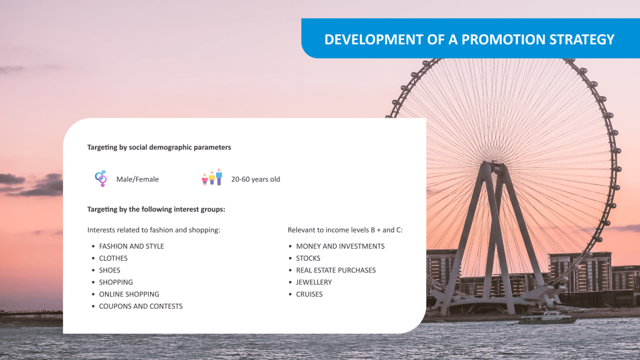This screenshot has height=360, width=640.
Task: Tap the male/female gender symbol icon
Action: pyautogui.click(x=101, y=178)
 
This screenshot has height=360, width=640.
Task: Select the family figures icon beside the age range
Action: pyautogui.click(x=212, y=177)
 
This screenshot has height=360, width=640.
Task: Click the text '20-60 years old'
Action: pyautogui.click(x=256, y=179)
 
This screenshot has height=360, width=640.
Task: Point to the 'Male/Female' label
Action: pyautogui.click(x=137, y=179)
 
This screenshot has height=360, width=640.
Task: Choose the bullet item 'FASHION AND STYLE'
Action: pyautogui.click(x=131, y=246)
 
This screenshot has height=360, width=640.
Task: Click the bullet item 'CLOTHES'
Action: pyautogui.click(x=113, y=258)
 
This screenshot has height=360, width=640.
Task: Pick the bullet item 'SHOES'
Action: pyautogui.click(x=109, y=270)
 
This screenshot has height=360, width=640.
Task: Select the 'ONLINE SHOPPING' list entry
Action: pyautogui.click(x=129, y=294)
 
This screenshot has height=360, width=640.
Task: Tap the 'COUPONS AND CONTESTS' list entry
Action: pyautogui.click(x=141, y=306)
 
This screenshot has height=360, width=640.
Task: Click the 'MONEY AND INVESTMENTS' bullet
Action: pyautogui.click(x=341, y=246)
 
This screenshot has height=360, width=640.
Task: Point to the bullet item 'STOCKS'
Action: pyautogui.click(x=308, y=258)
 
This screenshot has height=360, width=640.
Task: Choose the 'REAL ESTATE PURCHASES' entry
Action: pyautogui.click(x=336, y=270)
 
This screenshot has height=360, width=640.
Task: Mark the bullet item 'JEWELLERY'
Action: pyautogui.click(x=314, y=282)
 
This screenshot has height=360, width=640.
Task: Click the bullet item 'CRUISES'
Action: pyautogui.click(x=309, y=294)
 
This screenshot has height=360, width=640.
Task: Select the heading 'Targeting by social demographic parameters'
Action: pyautogui.click(x=159, y=147)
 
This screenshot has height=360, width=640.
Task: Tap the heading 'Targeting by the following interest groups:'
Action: pyautogui.click(x=156, y=209)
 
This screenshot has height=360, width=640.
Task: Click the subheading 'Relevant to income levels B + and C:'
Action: pyautogui.click(x=345, y=230)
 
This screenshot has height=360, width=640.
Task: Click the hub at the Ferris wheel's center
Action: pyautogui.click(x=496, y=167)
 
